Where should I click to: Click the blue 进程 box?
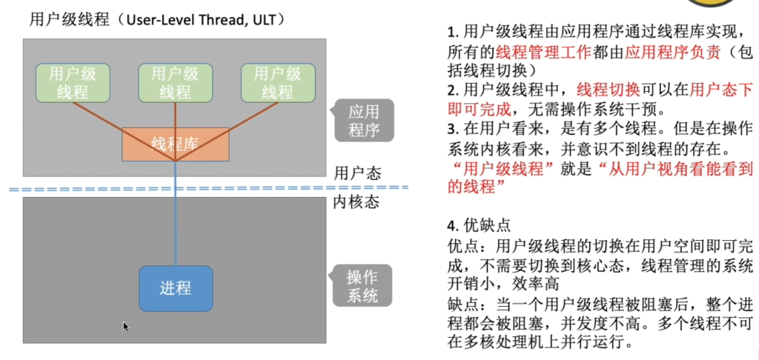click(x=176, y=288)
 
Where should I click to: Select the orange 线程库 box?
click(x=175, y=144)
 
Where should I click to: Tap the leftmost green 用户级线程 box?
click(x=73, y=83)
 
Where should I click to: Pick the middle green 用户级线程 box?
click(x=175, y=83)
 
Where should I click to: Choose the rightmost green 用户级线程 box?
click(x=278, y=83)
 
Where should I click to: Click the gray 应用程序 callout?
click(x=363, y=121)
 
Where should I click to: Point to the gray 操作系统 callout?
click(x=362, y=285)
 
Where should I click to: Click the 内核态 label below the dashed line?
click(x=357, y=202)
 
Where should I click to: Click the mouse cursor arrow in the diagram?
click(x=126, y=327)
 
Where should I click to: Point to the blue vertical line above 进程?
click(x=175, y=213)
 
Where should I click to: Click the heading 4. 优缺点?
click(x=479, y=225)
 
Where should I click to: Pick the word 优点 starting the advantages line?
click(x=463, y=246)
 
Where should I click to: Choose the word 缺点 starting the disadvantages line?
click(x=463, y=305)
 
